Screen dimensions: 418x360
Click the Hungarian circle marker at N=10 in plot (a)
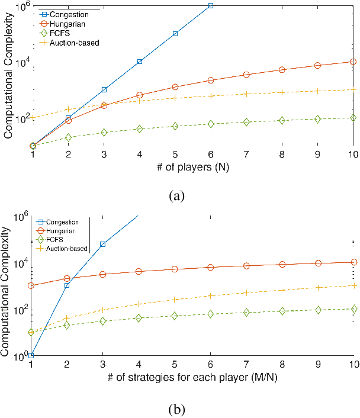coord(353,62)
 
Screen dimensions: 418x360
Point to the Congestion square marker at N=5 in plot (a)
coord(175,34)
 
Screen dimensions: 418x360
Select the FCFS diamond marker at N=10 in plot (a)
coord(353,118)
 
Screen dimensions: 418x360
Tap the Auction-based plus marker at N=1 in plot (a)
coord(33,118)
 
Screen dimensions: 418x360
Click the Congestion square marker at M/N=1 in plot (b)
coord(33,355)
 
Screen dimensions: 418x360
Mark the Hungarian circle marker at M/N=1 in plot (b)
coord(33,286)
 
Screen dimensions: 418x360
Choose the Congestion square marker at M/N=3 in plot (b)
coord(104,244)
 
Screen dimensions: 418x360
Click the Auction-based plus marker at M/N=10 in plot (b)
coord(353,285)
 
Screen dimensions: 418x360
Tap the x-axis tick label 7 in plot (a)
coord(246,155)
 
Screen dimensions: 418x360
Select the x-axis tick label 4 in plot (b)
coord(140,364)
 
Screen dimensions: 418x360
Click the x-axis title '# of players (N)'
coord(193,168)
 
